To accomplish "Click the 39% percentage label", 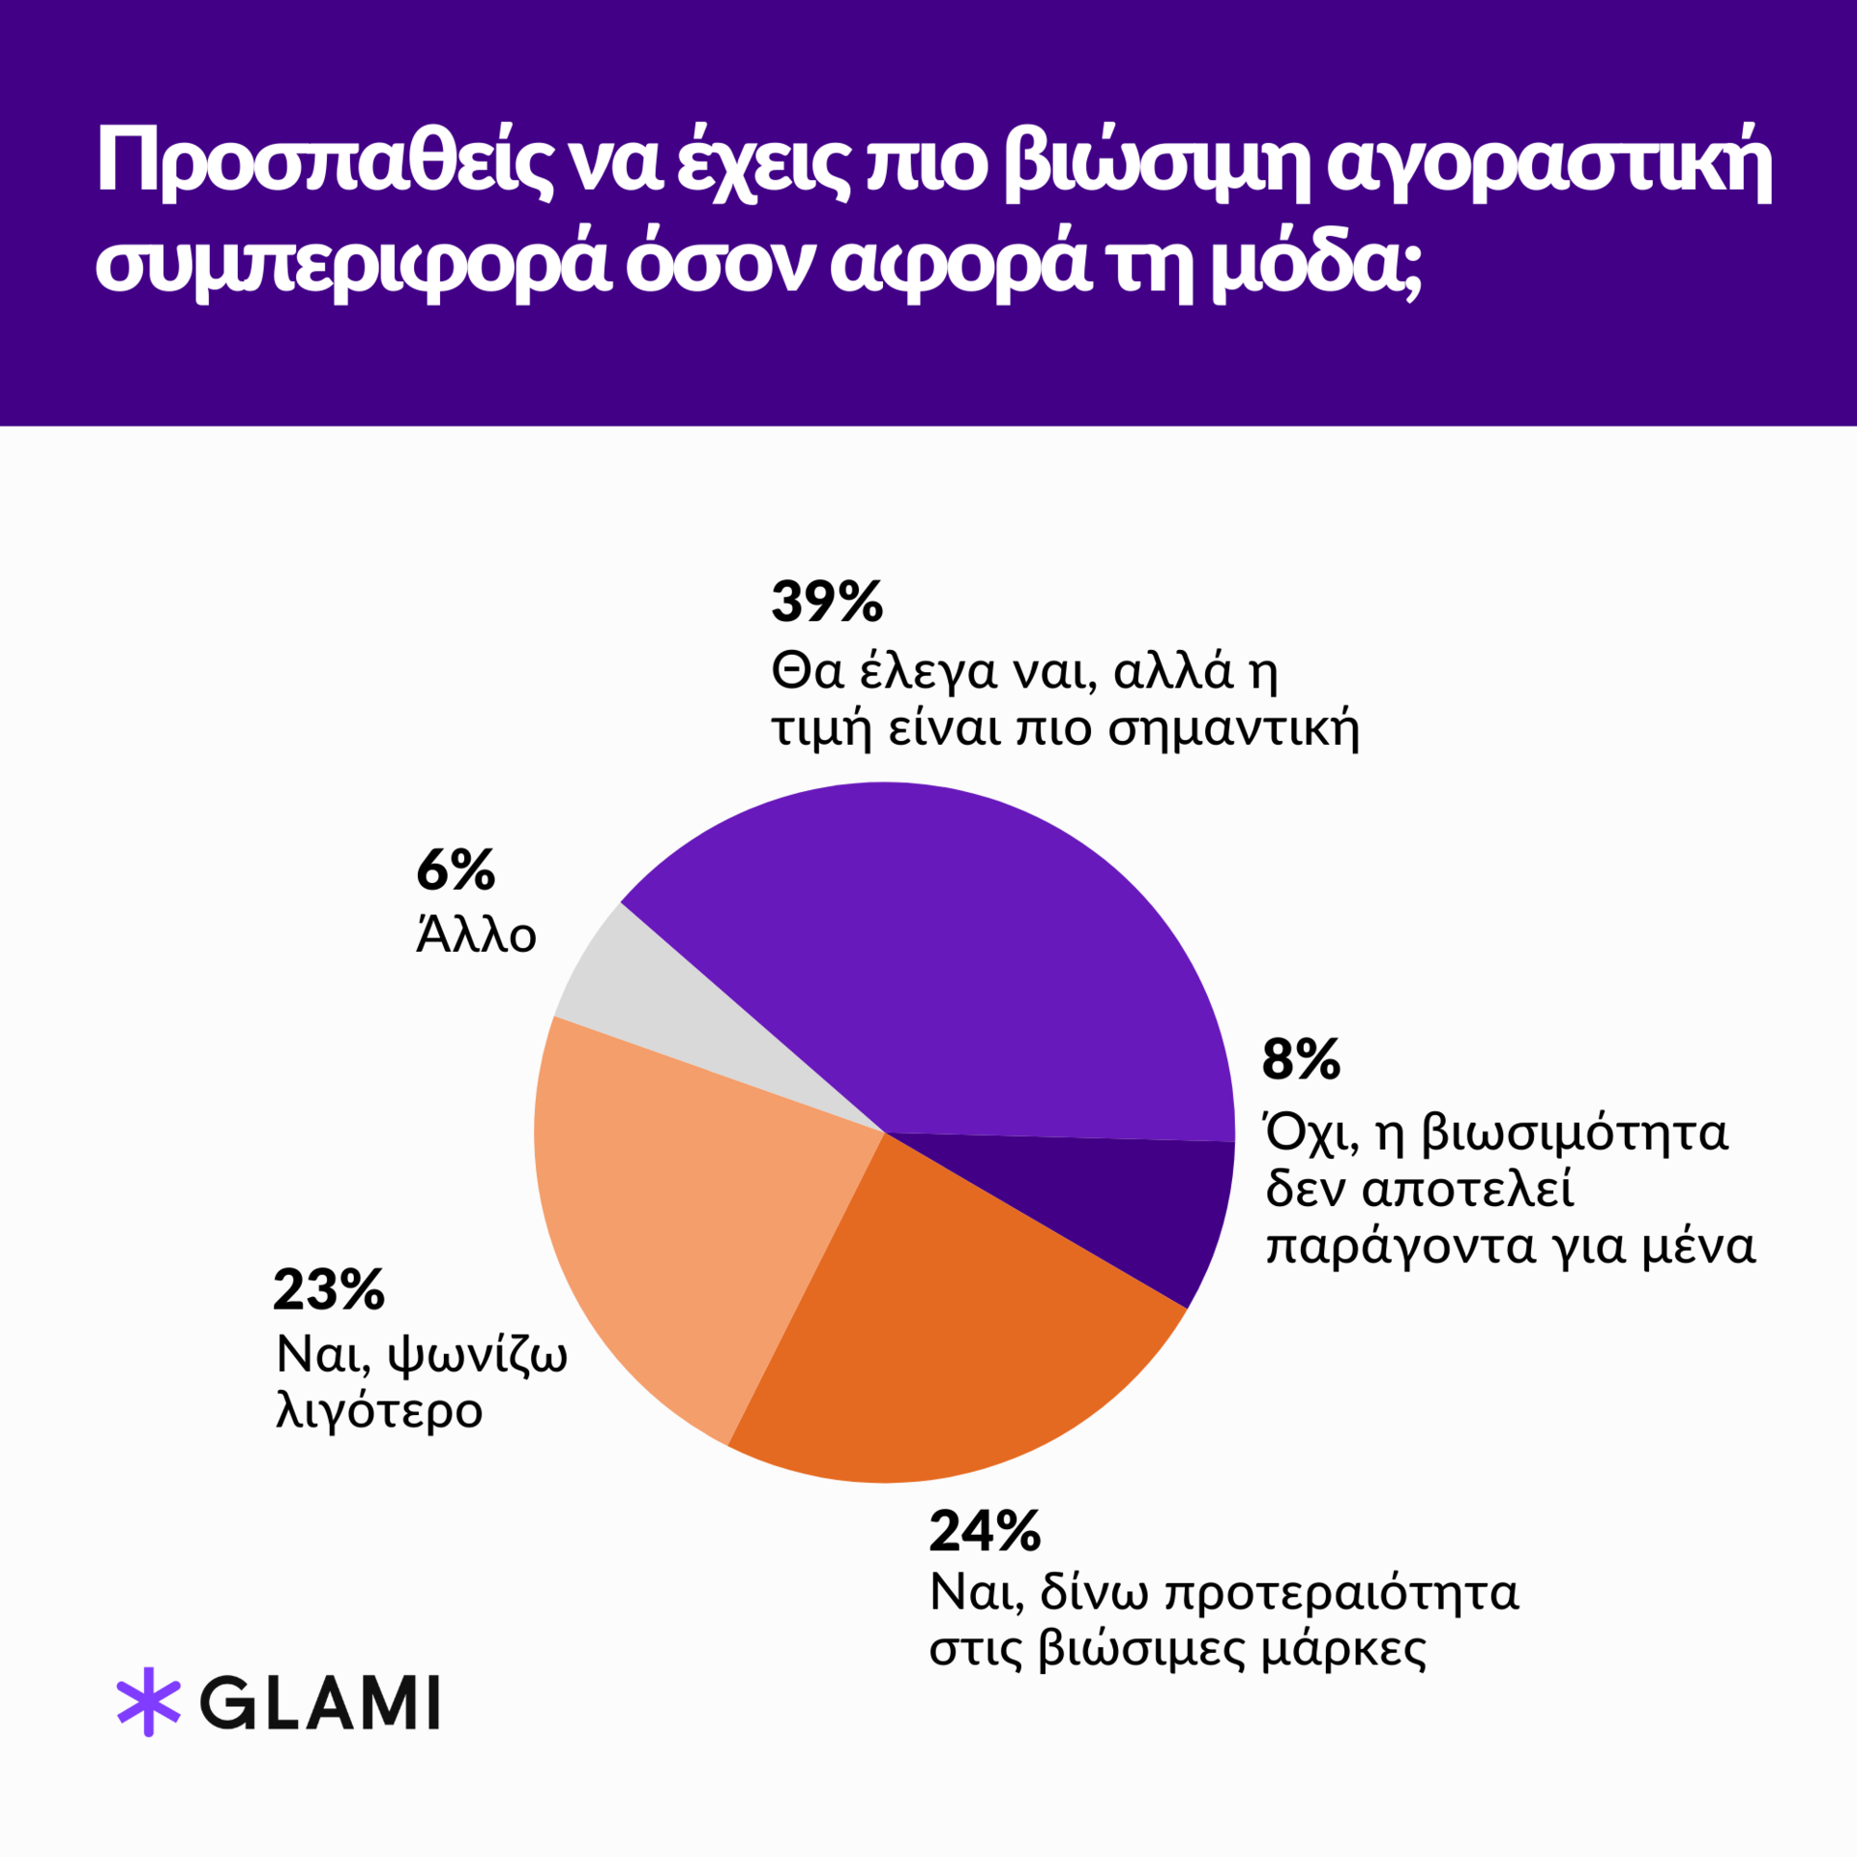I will pos(827,602).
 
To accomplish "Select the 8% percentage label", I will pos(1301,1059).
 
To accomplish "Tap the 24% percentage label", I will pos(985,1531).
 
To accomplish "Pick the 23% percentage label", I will pos(329,1290).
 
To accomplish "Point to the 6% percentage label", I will pos(456,870).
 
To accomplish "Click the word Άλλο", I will pos(476,934).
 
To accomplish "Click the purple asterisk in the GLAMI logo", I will pos(149,1702).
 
